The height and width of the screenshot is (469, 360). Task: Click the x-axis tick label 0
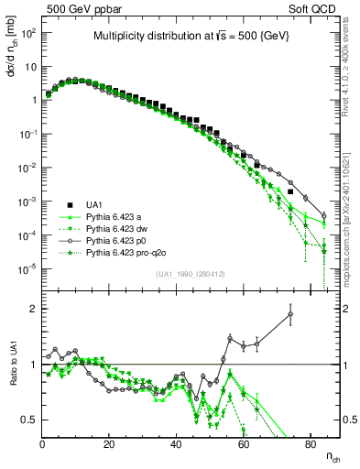(43, 444)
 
